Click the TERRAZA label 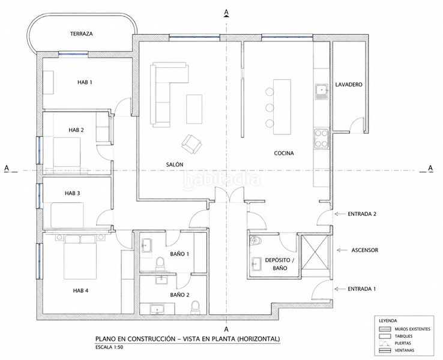click(x=82, y=34)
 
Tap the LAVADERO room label click(x=349, y=85)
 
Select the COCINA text click(x=284, y=154)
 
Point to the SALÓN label click(x=175, y=164)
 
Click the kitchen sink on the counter click(x=322, y=91)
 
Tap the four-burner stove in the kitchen click(x=322, y=139)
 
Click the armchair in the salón click(x=192, y=143)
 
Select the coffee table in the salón click(x=194, y=109)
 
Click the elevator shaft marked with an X click(x=316, y=252)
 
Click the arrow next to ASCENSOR click(x=342, y=250)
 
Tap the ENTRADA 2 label click(x=362, y=214)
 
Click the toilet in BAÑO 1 click(x=160, y=262)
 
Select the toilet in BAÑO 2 click(x=195, y=307)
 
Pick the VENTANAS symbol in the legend click(x=385, y=350)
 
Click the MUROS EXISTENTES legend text click(x=412, y=329)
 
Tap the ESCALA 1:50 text click(x=109, y=347)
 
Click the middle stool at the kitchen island click(x=270, y=107)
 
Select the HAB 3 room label click(x=73, y=193)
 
